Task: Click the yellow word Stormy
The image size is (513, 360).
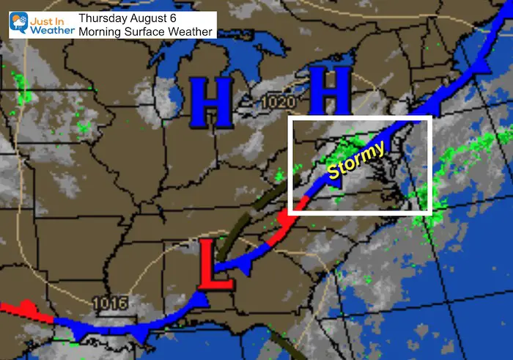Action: (356, 161)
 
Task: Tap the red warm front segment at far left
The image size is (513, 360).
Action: (26, 310)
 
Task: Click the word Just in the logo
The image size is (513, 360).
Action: (45, 17)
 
